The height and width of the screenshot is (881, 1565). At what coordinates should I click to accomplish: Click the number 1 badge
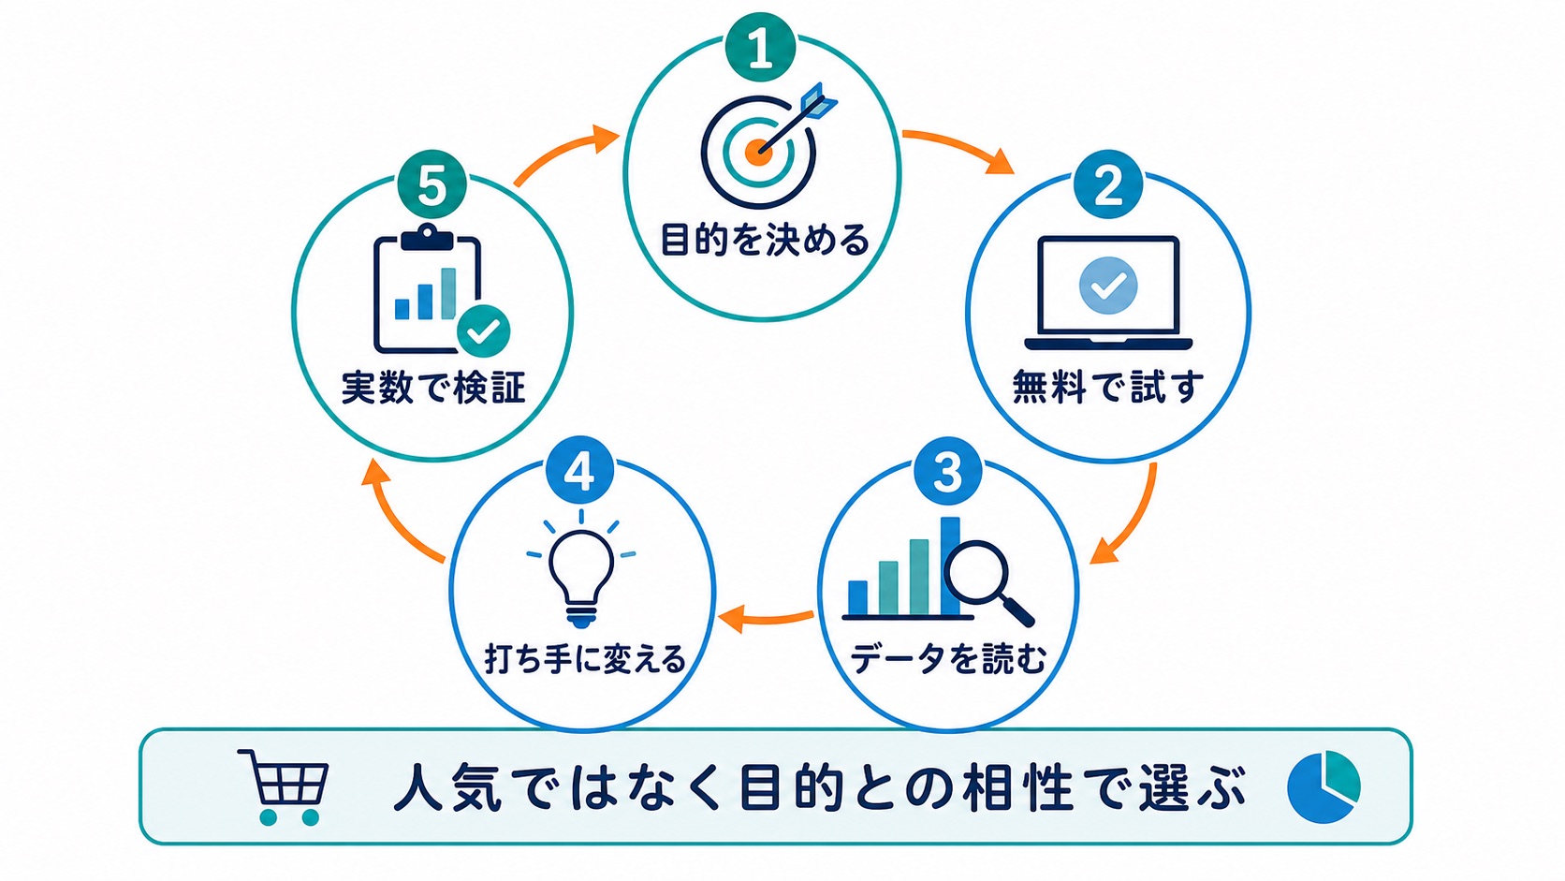(x=761, y=48)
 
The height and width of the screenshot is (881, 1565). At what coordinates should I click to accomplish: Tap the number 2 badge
(x=1108, y=184)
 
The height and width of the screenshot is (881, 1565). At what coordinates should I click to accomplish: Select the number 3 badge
(x=948, y=471)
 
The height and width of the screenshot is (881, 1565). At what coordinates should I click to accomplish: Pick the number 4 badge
(x=580, y=471)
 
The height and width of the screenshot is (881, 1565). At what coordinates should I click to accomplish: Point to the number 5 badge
(x=431, y=184)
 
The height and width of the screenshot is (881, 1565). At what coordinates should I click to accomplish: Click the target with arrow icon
(x=765, y=147)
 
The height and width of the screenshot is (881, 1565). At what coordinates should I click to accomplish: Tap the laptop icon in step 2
(x=1108, y=293)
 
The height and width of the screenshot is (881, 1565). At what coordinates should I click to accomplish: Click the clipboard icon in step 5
(x=428, y=290)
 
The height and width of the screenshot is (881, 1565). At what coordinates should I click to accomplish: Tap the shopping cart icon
(x=284, y=787)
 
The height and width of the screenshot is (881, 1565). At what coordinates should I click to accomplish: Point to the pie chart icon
(x=1324, y=786)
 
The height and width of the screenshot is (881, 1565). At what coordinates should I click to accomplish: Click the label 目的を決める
(x=765, y=241)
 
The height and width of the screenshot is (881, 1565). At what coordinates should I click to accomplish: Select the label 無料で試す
(x=1108, y=387)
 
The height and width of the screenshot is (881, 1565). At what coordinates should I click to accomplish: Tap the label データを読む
(x=948, y=658)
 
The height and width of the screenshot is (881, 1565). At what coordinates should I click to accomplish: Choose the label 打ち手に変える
(x=585, y=659)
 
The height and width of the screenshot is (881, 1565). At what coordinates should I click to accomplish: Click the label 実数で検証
(x=433, y=387)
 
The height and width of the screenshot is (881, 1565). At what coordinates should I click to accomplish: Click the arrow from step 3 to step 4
(x=767, y=619)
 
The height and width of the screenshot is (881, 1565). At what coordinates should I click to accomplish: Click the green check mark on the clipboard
(x=484, y=331)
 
